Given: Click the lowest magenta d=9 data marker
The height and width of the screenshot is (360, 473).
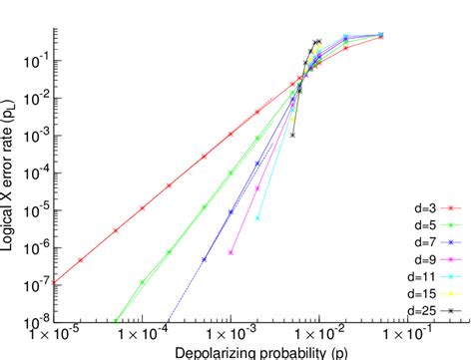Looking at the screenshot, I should pos(232,252).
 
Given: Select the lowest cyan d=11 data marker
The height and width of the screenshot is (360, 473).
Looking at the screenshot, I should pos(257,217).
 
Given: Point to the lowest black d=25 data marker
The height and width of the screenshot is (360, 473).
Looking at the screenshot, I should pos(292,135).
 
